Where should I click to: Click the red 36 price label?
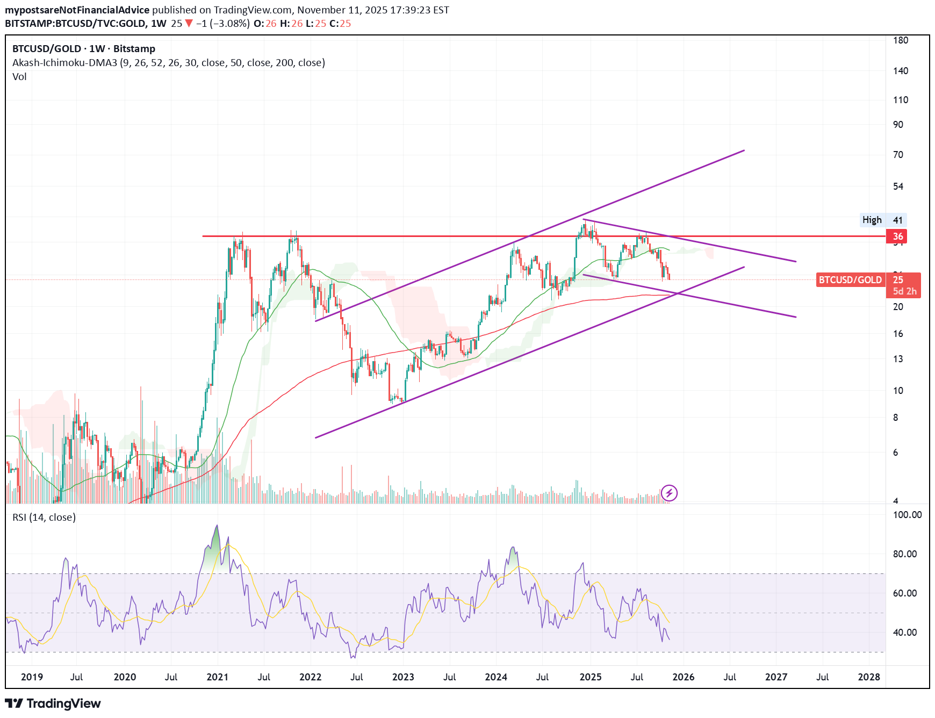[x=897, y=236]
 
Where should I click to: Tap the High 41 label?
[x=882, y=220]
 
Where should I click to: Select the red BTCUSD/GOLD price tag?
[x=850, y=280]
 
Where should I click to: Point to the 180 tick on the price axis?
[x=900, y=40]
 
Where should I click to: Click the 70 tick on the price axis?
[x=898, y=155]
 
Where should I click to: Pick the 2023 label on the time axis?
[x=403, y=677]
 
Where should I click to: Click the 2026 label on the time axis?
[x=683, y=677]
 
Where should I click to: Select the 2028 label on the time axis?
[x=869, y=677]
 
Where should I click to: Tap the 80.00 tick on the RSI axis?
[x=905, y=554]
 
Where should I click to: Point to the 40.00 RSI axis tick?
[x=905, y=633]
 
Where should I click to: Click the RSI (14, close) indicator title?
[x=44, y=518]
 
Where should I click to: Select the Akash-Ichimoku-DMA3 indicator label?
[x=169, y=63]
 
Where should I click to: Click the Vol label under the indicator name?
[x=19, y=77]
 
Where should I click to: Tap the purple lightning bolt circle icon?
[x=669, y=493]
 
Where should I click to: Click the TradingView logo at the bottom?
[x=53, y=703]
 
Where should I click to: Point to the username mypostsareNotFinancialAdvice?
[x=77, y=10]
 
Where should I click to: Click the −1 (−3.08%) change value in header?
[x=222, y=24]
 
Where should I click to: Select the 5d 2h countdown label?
[x=904, y=291]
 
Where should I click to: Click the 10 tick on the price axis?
[x=898, y=391]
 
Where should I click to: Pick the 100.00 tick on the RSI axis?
[x=907, y=515]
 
